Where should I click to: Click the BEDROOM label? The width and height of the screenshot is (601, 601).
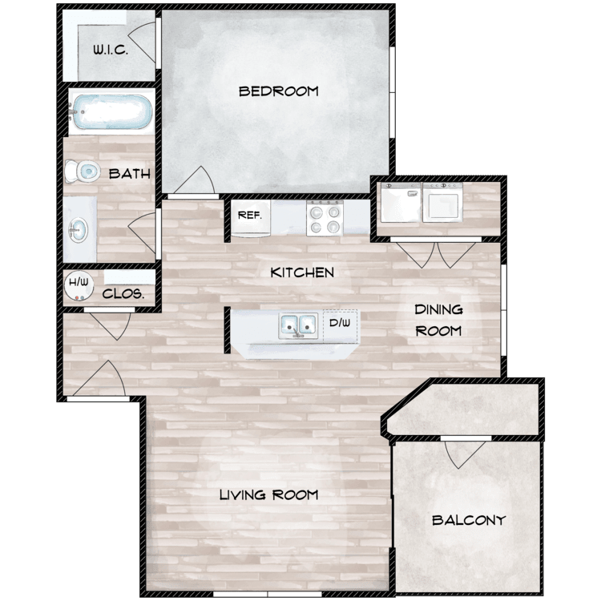tap(279, 91)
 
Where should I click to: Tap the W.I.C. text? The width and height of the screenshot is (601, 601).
tap(111, 50)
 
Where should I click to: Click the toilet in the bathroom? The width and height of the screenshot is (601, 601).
tap(82, 171)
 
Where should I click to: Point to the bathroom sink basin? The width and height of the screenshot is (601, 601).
tap(79, 230)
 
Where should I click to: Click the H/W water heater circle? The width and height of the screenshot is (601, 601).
tap(79, 285)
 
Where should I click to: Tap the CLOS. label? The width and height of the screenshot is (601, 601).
tap(123, 294)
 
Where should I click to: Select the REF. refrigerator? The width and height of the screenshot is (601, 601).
tap(251, 217)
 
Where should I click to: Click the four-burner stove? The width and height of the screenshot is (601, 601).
tap(325, 217)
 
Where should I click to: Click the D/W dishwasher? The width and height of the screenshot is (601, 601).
tap(341, 326)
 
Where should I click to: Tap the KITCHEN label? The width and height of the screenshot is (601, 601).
tap(302, 272)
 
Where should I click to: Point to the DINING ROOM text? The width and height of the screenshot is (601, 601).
tap(438, 320)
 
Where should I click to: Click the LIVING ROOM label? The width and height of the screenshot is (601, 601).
tap(268, 495)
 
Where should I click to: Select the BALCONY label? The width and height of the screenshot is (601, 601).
tap(469, 520)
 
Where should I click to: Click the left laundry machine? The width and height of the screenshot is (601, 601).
tap(401, 203)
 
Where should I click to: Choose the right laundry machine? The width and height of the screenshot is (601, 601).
tap(442, 203)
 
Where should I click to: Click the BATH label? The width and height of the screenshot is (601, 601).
tap(130, 174)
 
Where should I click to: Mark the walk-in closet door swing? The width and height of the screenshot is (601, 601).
tap(142, 42)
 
